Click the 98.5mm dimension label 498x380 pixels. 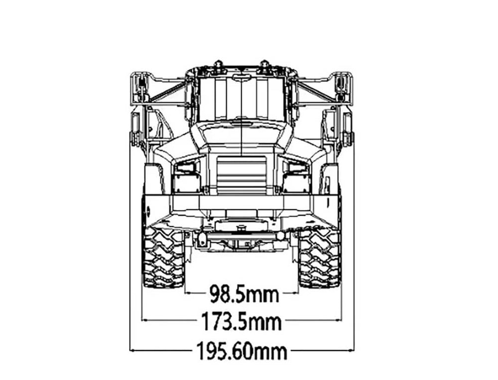click(x=244, y=294)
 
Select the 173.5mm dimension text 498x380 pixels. click(x=242, y=322)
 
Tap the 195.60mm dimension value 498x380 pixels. click(x=242, y=351)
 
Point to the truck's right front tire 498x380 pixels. click(x=319, y=258)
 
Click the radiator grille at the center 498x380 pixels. click(x=242, y=175)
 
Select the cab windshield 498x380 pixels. click(x=242, y=99)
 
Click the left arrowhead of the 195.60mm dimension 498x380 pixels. click(x=132, y=351)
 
